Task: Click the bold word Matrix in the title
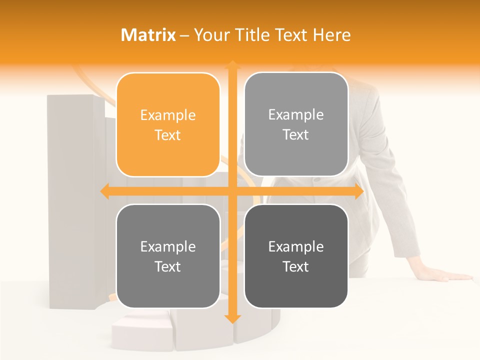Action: pos(148,35)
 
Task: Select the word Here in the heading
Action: pos(331,35)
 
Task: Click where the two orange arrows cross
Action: pos(232,191)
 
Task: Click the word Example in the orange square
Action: pos(168,115)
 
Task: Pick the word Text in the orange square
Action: pos(168,135)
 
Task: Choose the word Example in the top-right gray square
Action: pos(296,115)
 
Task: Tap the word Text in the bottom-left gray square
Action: pos(168,267)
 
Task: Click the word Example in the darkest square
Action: pos(296,247)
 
